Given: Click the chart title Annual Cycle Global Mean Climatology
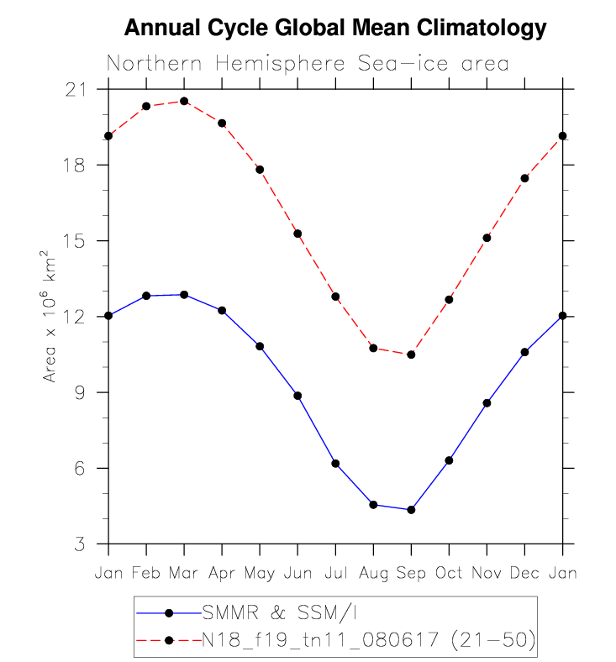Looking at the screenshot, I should [335, 29].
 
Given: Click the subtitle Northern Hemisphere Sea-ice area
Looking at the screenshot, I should [308, 65].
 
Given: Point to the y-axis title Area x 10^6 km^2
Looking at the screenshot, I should [50, 317].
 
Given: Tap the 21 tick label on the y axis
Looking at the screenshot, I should [82, 89].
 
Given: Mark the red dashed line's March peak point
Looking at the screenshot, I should [184, 102].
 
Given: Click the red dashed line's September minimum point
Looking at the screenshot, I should [411, 355].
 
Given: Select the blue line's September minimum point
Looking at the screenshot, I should [411, 510].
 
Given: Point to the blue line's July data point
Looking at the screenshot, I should [335, 464].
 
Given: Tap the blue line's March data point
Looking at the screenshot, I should [184, 295].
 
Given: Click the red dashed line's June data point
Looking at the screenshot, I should [297, 234].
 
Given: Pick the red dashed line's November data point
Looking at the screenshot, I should [487, 238].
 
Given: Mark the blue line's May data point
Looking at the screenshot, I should [260, 346].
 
